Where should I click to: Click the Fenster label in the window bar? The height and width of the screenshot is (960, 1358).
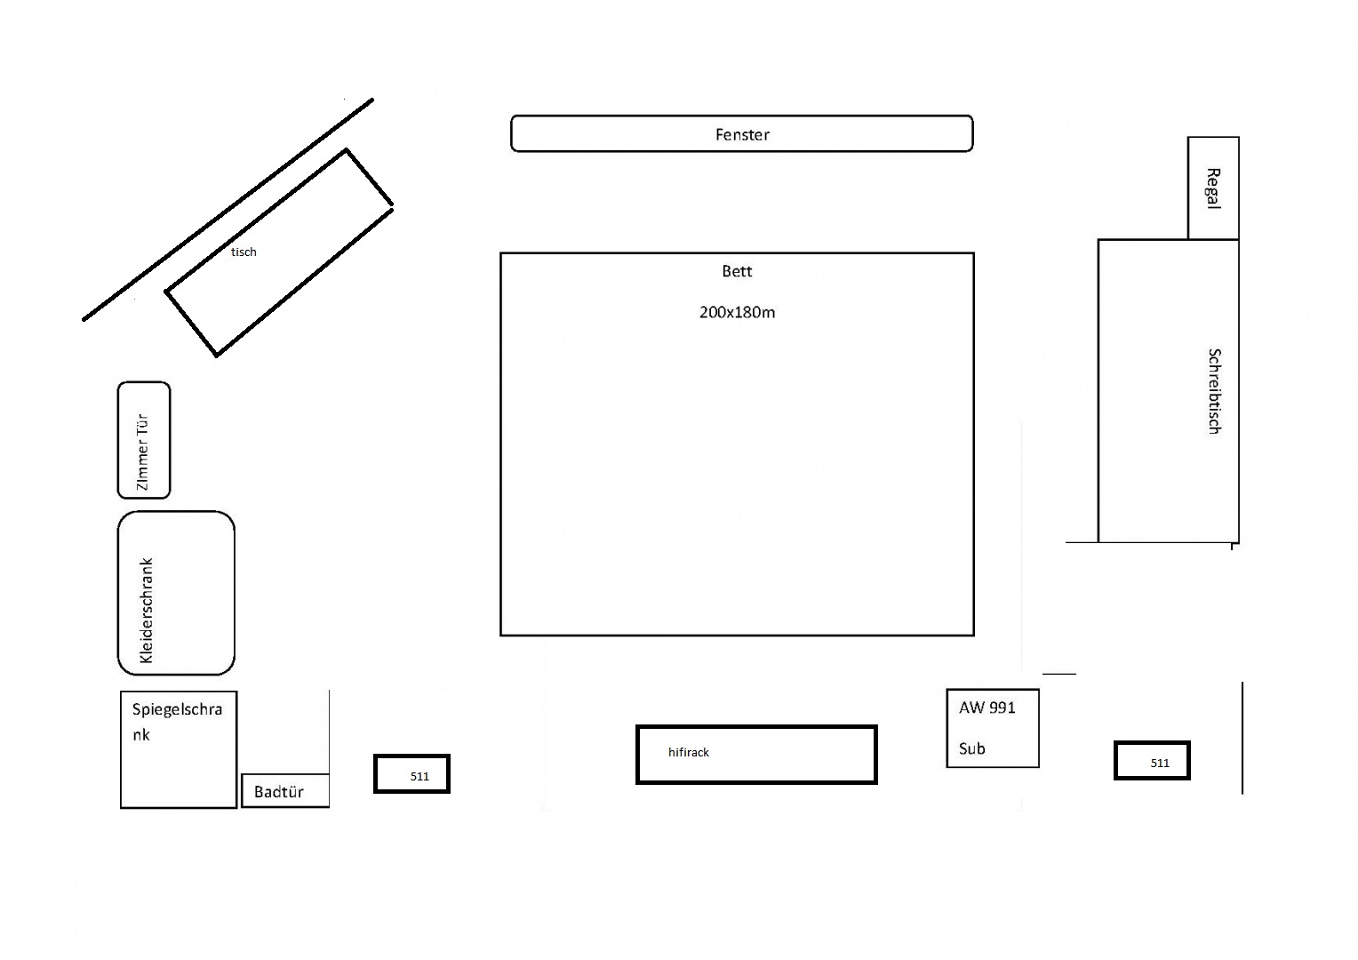742,134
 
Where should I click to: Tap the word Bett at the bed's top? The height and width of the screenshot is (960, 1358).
737,271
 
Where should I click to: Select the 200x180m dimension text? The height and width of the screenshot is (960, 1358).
737,312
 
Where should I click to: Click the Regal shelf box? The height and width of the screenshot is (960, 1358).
1213,188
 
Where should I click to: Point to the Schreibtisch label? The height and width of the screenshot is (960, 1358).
1214,391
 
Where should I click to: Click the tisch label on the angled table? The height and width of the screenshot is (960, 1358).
244,252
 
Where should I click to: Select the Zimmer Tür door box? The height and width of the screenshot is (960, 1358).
144,440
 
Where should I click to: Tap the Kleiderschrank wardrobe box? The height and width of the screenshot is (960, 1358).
176,593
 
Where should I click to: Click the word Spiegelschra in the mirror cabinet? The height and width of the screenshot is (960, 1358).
177,709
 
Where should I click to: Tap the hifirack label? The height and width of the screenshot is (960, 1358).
689,752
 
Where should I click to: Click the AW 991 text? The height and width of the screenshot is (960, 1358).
987,708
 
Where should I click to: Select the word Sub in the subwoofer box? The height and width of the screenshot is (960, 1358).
971,748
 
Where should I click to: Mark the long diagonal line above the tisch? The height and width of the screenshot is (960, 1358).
228,210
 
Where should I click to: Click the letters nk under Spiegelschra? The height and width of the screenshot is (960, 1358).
141,735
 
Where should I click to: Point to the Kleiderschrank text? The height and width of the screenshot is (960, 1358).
147,611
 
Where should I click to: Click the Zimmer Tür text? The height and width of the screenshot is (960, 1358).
142,452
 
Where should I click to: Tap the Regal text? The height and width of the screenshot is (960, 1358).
1213,188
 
